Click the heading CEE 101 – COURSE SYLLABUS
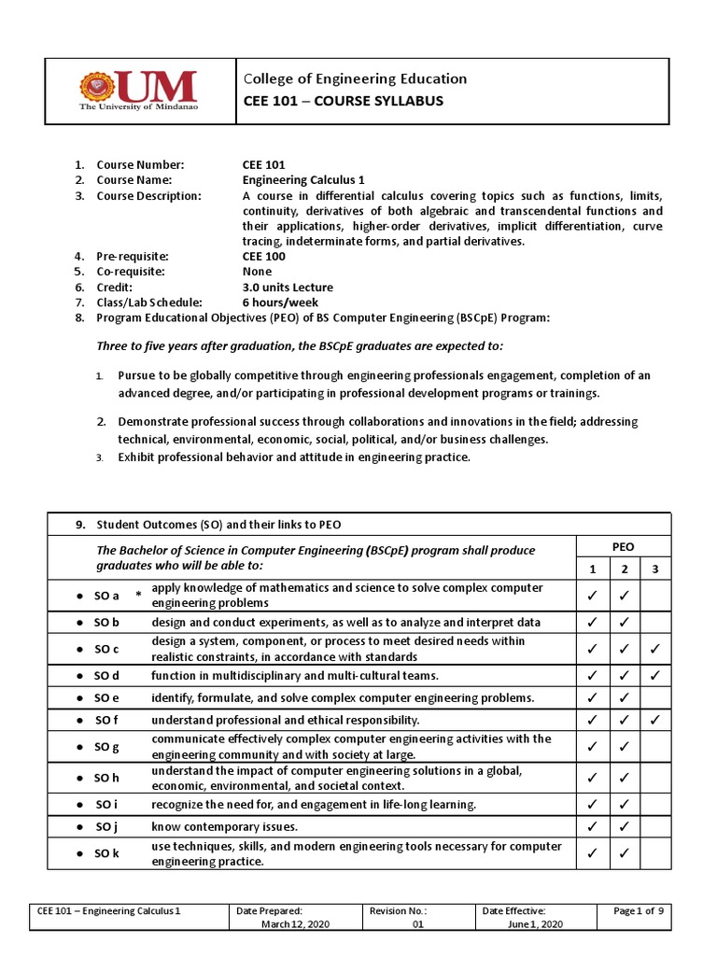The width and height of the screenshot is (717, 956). coord(330,101)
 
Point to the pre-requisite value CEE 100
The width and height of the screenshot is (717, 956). coord(264,256)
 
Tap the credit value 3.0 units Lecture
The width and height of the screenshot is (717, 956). coord(288,287)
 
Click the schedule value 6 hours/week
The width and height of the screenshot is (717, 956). coord(280,302)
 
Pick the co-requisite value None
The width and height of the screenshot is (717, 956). coord(258,272)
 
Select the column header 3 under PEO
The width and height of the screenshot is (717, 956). coord(655,569)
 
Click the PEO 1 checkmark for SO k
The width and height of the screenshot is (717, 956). coord(590,853)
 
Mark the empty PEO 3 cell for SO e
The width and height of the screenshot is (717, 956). coord(655,697)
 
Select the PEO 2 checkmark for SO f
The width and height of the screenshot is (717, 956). coord(623,721)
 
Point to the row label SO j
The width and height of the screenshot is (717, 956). coord(106,826)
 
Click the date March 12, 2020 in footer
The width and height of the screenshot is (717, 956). coord(302,923)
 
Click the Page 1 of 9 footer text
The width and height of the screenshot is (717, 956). coord(638,910)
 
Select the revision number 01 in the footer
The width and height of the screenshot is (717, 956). coord(418,923)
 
